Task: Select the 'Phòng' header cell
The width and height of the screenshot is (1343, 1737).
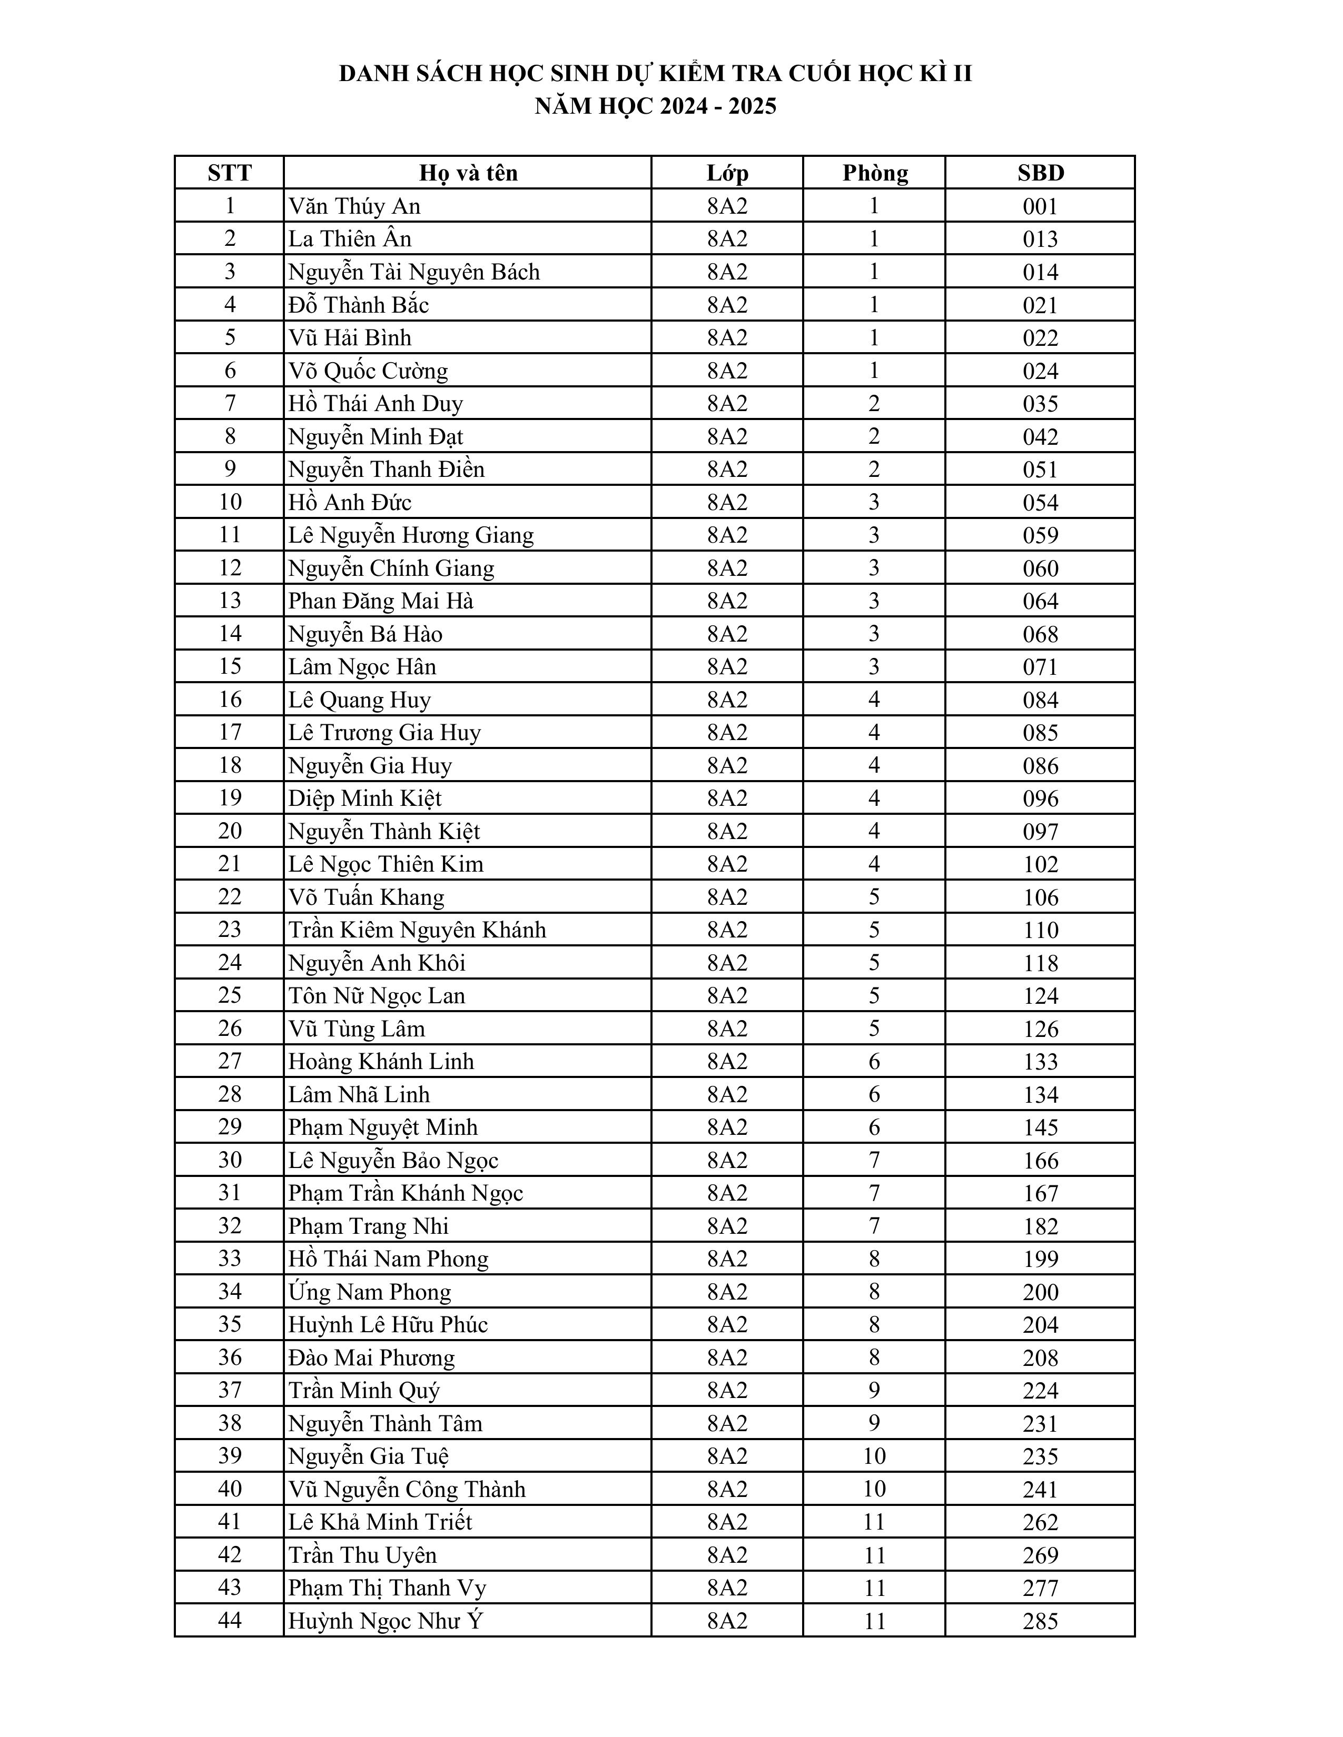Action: click(x=874, y=173)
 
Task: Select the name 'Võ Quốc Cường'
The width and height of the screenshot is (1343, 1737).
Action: click(x=368, y=371)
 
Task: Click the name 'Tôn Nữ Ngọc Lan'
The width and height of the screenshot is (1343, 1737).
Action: click(x=377, y=996)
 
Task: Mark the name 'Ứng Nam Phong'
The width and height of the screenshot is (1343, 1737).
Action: click(x=369, y=1292)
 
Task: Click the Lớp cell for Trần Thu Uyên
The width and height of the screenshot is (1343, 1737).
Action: click(x=727, y=1555)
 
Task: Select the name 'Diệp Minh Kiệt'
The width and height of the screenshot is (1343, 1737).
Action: click(x=364, y=798)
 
